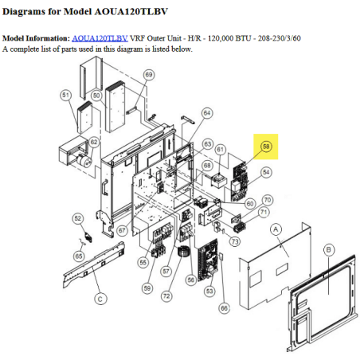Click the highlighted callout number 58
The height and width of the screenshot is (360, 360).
point(266,147)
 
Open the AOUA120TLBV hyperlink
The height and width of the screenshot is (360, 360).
point(100,38)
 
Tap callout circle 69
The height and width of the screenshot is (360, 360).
point(149,75)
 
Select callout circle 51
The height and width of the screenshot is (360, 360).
point(66,95)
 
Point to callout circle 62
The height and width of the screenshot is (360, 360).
point(94,142)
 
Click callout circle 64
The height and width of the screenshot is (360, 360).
point(207,113)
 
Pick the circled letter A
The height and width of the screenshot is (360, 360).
point(276,229)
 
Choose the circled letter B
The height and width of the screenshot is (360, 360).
point(329,250)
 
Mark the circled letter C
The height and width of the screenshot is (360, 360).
point(100,299)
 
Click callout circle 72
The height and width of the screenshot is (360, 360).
point(166,296)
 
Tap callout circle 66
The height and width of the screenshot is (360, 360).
point(224,308)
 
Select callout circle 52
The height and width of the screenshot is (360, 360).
point(77,218)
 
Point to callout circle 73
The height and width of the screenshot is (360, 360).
point(235,241)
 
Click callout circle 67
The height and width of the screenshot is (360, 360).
point(122,230)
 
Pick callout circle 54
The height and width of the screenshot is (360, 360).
point(266,172)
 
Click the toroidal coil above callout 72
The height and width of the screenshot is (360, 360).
point(182,252)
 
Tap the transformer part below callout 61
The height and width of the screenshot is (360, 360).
point(219,181)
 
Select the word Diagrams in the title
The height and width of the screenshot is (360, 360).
point(24,12)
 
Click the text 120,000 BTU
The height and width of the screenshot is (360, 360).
point(229,38)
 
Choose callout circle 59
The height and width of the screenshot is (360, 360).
point(147,288)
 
